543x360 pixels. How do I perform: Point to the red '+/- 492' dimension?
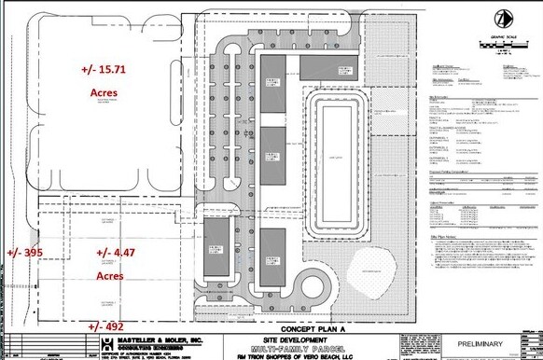point(105,326)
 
